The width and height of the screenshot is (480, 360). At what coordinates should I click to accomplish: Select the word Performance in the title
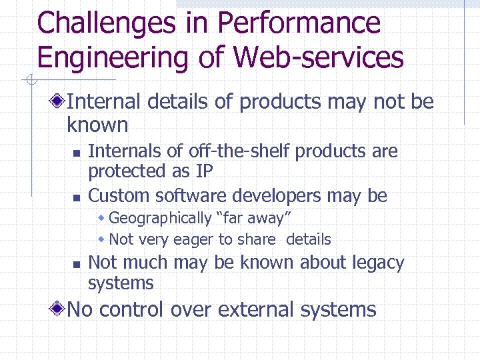pos(299,24)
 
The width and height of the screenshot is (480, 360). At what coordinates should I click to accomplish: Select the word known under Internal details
pos(97,125)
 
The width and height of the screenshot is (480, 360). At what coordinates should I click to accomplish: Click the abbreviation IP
pos(204,171)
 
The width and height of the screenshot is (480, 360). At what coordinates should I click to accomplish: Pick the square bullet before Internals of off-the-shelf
pos(76,153)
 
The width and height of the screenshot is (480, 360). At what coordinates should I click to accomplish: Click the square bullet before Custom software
pos(76,197)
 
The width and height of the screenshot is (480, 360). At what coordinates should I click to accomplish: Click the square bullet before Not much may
pos(76,264)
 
